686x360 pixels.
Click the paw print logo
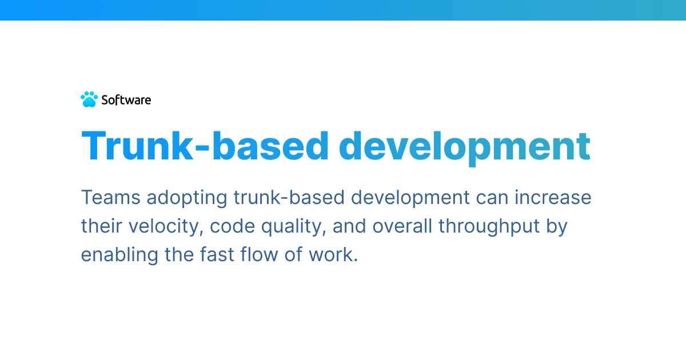pos(89,99)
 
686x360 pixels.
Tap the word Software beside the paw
pos(126,100)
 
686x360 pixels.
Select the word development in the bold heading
pos(464,149)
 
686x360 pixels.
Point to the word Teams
pos(110,197)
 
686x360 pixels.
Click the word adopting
pos(187,198)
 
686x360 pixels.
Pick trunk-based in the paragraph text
pos(289,197)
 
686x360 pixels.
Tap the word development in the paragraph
pos(410,198)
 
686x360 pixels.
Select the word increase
pos(553,197)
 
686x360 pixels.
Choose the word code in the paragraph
pos(232,226)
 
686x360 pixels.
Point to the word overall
pos(402,226)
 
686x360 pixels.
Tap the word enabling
pos(119,255)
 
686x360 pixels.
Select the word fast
pos(217,254)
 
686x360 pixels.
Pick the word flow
pos(259,254)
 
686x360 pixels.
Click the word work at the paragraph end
pos(331,254)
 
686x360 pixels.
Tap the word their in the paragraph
pos(101,226)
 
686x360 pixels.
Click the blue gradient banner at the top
pos(343,10)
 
